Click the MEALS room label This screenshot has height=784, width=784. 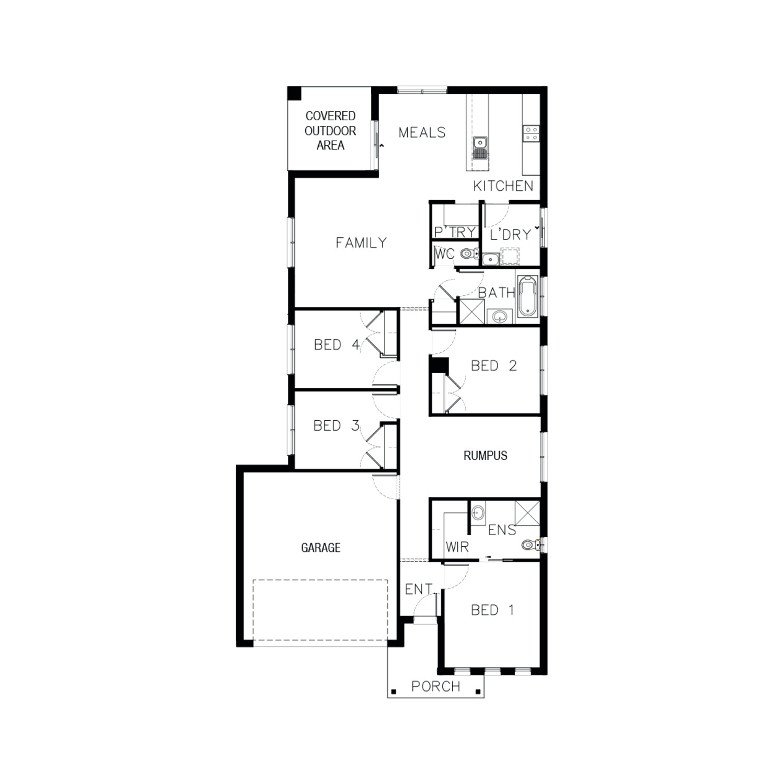pyautogui.click(x=422, y=133)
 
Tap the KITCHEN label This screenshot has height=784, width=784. pyautogui.click(x=503, y=186)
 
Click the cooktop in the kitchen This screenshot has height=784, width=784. pyautogui.click(x=532, y=133)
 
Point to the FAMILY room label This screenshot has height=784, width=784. pyautogui.click(x=361, y=243)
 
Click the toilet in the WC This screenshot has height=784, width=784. pyautogui.click(x=470, y=254)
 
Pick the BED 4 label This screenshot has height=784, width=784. pyautogui.click(x=337, y=345)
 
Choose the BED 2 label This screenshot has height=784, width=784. pyautogui.click(x=493, y=366)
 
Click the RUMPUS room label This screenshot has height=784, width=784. pyautogui.click(x=485, y=456)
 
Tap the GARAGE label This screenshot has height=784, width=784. pyautogui.click(x=320, y=548)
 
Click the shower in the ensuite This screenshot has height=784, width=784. pyautogui.click(x=527, y=513)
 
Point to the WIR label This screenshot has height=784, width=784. pyautogui.click(x=457, y=547)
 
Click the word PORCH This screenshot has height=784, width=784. pyautogui.click(x=435, y=686)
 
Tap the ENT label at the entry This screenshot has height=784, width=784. pyautogui.click(x=418, y=589)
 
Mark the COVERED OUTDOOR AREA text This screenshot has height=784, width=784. pyautogui.click(x=330, y=131)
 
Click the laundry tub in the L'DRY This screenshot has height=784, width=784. pyautogui.click(x=490, y=258)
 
